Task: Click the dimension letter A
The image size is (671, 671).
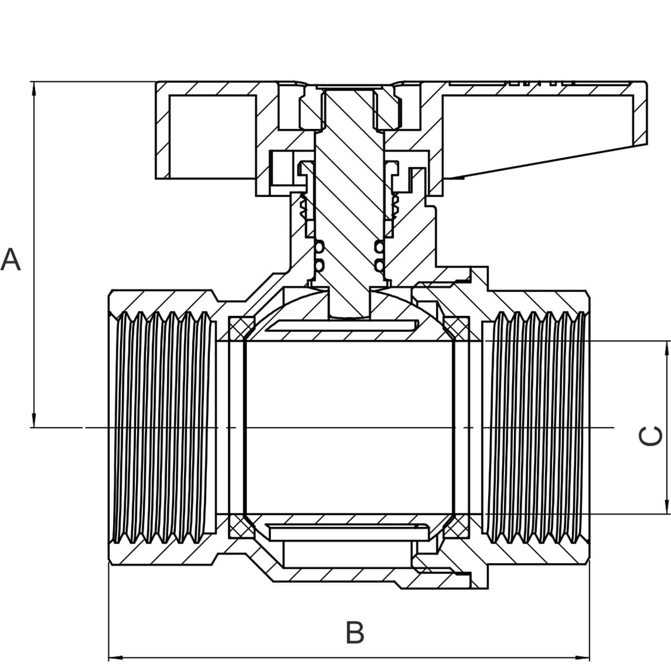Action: [11, 259]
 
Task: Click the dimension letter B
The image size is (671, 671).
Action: [355, 632]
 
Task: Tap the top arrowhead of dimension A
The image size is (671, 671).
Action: [34, 88]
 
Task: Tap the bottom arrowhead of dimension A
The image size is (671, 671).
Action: [34, 420]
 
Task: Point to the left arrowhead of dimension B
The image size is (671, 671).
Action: [116, 658]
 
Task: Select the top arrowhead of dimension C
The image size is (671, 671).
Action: [667, 348]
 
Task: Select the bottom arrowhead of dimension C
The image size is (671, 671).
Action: [667, 507]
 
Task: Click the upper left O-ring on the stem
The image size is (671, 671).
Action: [319, 247]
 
